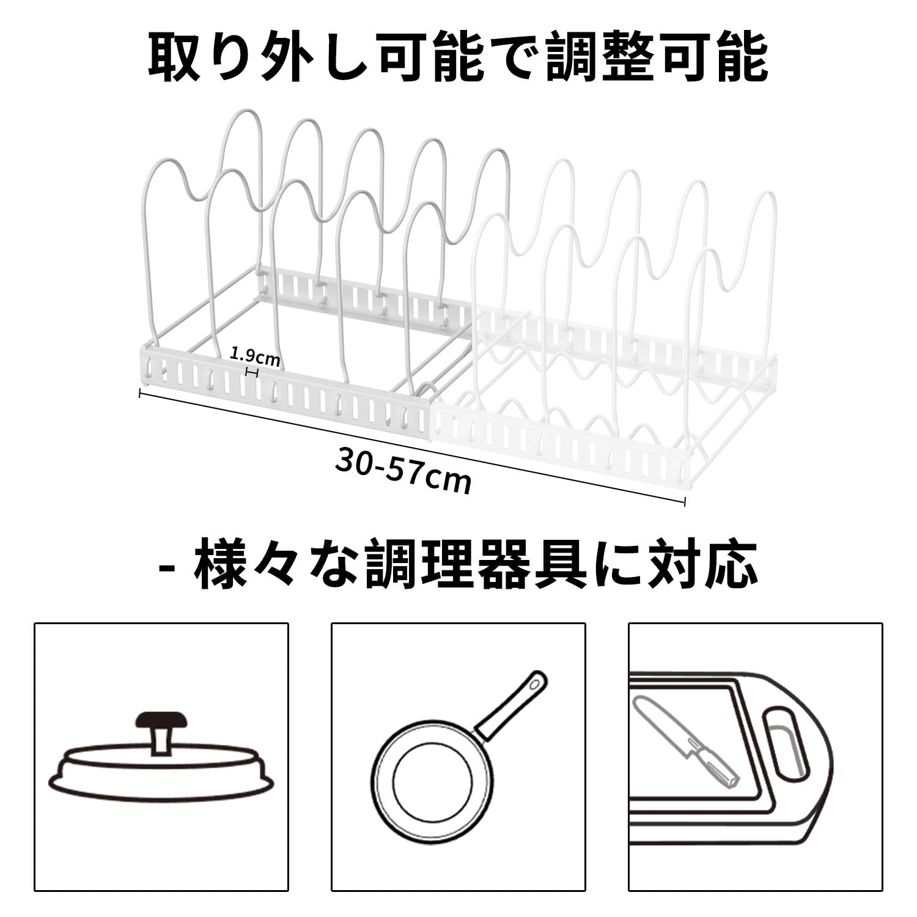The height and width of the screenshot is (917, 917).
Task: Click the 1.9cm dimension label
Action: coord(254,356)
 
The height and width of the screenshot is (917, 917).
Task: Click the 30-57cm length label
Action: coord(403,469)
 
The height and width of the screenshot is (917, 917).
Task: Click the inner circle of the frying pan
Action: coord(433,776)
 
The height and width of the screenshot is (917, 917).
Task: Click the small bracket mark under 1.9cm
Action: coord(251,372)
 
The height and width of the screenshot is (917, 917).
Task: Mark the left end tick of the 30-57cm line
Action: coord(141,393)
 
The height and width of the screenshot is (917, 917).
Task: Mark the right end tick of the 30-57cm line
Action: coord(684,501)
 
